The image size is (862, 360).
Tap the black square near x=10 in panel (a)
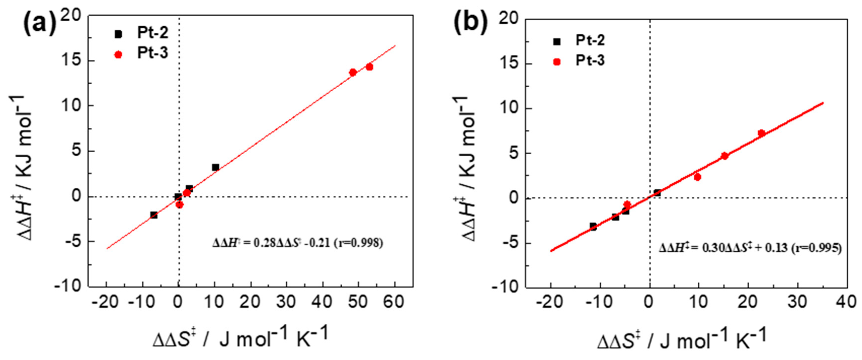tap(215, 167)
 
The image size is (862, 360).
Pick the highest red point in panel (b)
tap(761, 133)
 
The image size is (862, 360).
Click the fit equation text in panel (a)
tap(298, 242)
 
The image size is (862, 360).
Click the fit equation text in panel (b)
tap(750, 248)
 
